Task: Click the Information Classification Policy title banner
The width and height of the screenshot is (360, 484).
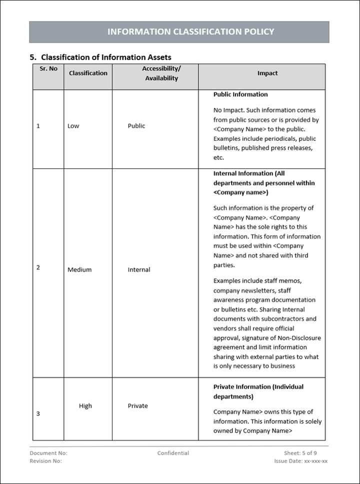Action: tap(179, 32)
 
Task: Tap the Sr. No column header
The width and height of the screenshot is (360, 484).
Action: tap(48, 69)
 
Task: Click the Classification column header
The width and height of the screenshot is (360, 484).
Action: tap(88, 73)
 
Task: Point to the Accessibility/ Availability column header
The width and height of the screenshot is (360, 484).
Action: tap(161, 73)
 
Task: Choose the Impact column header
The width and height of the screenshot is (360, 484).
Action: tap(267, 73)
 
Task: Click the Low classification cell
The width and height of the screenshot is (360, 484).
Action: tap(73, 126)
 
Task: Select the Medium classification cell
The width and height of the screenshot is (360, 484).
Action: tap(79, 270)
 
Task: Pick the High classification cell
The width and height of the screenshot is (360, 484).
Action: tap(85, 406)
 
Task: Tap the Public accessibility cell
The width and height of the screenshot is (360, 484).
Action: tap(136, 126)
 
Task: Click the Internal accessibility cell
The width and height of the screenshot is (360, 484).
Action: tap(139, 270)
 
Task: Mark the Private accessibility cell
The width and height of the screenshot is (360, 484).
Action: tap(138, 406)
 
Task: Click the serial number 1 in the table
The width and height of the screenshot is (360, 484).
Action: tap(38, 126)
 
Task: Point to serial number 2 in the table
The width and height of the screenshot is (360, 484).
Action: tap(38, 267)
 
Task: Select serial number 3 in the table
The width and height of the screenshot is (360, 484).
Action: tap(38, 414)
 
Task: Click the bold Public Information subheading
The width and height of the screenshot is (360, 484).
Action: tap(240, 94)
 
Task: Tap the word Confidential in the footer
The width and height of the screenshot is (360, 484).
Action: tap(173, 453)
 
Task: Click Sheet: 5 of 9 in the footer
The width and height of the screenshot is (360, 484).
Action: tap(300, 453)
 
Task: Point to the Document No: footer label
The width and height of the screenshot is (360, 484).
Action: tap(48, 453)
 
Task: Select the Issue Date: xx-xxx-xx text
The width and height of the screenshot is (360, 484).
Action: tap(300, 461)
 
